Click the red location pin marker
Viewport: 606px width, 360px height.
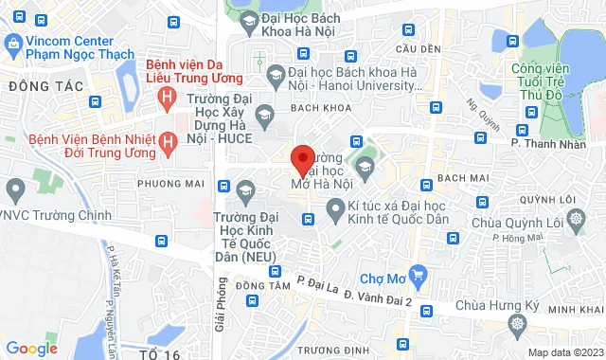[x=302, y=160]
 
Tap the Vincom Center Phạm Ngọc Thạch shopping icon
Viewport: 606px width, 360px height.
[x=13, y=44]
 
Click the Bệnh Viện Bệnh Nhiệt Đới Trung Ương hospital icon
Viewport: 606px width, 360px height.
[x=168, y=142]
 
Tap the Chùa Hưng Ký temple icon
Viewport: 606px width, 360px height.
[x=517, y=325]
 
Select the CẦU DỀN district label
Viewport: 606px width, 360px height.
[x=419, y=49]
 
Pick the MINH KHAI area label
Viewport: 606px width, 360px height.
[x=576, y=310]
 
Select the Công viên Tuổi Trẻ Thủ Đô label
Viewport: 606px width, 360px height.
[x=548, y=82]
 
